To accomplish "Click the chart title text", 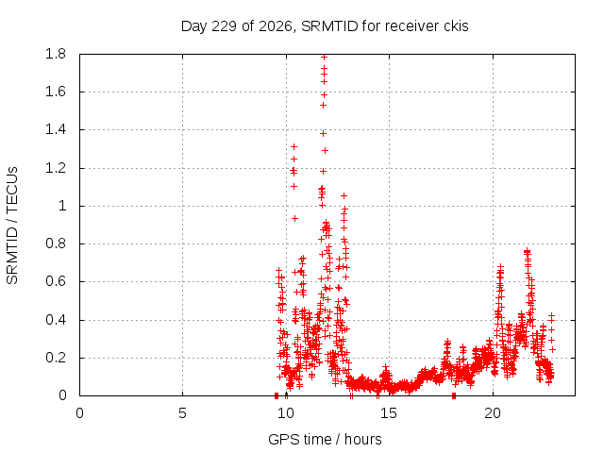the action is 325,26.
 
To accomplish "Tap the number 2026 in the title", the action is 275,26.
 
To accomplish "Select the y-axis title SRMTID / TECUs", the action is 12,226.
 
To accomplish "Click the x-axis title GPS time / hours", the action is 325,439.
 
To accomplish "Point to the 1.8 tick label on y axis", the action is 56,54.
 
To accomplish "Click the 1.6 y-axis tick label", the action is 56,92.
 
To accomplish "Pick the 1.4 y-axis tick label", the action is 56,130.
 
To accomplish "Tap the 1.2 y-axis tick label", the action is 56,168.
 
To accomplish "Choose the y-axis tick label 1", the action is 62,206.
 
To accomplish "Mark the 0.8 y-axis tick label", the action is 56,243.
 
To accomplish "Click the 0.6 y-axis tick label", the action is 56,281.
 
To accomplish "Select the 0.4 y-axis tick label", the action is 56,320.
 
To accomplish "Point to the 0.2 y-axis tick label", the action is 56,358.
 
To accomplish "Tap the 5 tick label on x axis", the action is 182,413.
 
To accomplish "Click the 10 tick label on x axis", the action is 286,413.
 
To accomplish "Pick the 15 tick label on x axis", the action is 389,413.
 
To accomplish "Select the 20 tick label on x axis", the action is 493,413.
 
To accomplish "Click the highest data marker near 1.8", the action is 324,58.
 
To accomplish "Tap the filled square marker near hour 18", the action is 454,395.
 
